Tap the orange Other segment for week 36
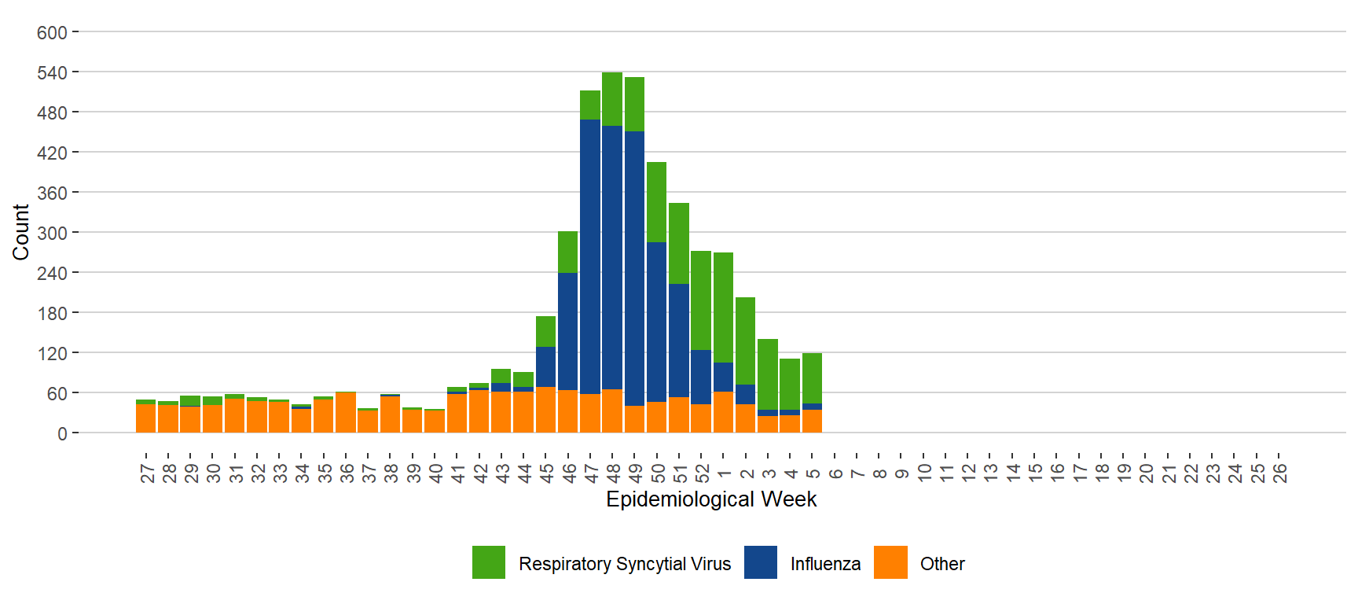point(346,413)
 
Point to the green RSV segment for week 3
point(768,374)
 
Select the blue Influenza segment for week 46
point(568,331)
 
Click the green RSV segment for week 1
point(723,308)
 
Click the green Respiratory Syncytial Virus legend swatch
point(489,563)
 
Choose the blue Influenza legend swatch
point(760,563)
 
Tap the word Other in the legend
point(942,564)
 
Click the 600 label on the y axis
point(52,33)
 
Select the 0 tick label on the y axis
point(62,434)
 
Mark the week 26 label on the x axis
point(1280,473)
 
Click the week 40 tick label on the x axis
point(435,473)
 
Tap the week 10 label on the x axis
point(924,473)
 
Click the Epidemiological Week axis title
point(711,499)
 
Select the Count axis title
point(20,232)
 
